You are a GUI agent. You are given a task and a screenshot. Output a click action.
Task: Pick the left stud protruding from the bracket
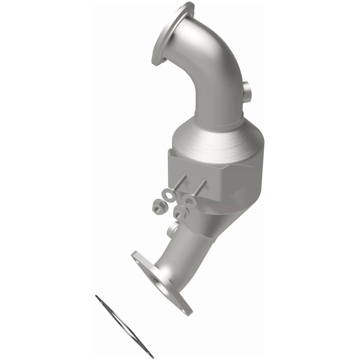(x=176, y=180)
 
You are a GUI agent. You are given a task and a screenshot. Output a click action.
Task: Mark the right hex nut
(x=180, y=213)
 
